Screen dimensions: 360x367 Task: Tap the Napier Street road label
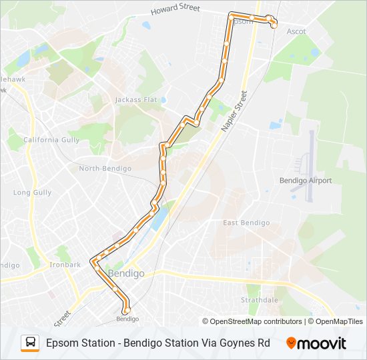234,111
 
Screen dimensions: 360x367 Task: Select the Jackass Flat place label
135,100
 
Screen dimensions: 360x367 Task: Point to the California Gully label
51,140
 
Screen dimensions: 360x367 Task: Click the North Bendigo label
105,169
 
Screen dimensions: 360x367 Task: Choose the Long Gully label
32,193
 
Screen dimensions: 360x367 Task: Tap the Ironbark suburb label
65,265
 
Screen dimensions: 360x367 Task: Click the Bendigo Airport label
305,181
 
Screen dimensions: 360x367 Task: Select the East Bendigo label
246,223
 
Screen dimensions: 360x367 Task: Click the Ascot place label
296,31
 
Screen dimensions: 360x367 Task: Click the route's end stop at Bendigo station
125,310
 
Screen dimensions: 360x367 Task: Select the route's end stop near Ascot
274,25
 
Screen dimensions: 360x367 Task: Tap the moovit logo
316,343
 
